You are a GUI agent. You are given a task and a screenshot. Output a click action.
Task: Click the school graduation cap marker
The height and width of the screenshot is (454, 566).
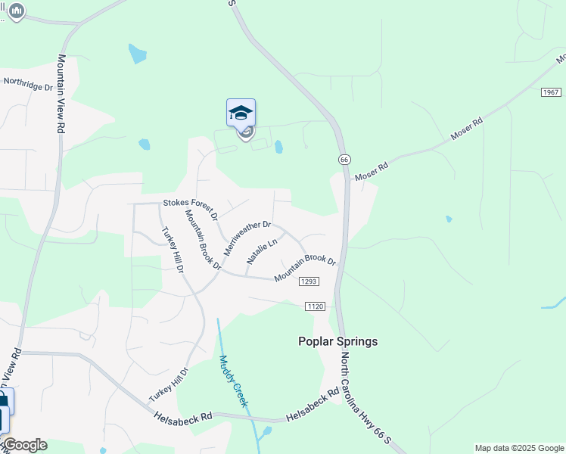click(241, 113)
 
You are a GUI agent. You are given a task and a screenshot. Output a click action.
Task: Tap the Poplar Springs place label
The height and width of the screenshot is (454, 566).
click(338, 341)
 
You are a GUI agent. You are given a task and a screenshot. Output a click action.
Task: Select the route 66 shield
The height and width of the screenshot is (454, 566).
click(344, 160)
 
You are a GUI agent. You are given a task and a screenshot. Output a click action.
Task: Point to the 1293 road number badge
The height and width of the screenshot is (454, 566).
click(309, 281)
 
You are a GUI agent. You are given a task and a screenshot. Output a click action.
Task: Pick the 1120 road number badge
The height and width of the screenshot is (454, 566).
click(316, 306)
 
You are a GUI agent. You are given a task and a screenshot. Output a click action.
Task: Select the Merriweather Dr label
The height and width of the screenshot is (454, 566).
click(246, 238)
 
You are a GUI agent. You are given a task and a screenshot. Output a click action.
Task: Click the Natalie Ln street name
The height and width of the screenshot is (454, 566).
click(262, 252)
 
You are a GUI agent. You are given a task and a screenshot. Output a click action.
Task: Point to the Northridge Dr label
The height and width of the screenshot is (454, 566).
click(28, 83)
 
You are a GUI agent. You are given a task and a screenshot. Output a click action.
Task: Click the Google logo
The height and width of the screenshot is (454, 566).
click(24, 445)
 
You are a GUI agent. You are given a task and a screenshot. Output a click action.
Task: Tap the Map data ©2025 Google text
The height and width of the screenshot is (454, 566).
click(519, 448)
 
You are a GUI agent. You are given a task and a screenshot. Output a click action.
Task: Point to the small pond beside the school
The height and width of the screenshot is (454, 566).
click(279, 147)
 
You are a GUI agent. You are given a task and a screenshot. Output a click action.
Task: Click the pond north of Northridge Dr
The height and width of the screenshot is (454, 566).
click(137, 54)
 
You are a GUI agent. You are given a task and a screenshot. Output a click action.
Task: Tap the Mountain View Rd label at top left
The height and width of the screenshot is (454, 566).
click(61, 94)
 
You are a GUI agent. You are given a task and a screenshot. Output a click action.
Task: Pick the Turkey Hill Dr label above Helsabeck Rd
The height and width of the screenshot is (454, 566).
click(168, 384)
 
